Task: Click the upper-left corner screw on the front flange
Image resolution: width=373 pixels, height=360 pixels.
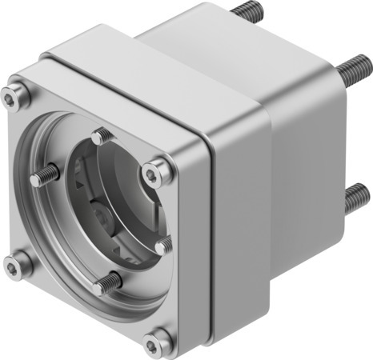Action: (x=11, y=98)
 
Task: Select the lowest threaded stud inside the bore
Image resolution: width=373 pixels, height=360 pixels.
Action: (x=110, y=281)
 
